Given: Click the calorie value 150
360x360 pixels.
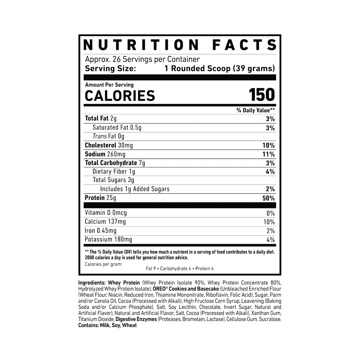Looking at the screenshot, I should click(x=262, y=95).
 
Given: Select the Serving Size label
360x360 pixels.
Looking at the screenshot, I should click(x=110, y=69).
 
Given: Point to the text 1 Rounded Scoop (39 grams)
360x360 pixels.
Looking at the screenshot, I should click(x=220, y=69).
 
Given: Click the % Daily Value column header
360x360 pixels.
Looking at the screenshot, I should click(x=255, y=110).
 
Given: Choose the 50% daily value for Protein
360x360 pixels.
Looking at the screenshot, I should click(x=269, y=198).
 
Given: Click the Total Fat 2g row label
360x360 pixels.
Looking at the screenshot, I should click(x=101, y=118).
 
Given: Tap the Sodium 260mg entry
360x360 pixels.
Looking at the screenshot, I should click(x=105, y=154).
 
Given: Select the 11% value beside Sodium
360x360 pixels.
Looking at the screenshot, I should click(x=269, y=154).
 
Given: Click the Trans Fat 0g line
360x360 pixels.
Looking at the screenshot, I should click(x=108, y=136).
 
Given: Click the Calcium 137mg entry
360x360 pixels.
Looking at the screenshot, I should click(x=105, y=222).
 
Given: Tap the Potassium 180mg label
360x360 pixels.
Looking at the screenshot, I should click(x=108, y=239).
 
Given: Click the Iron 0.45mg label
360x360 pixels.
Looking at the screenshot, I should click(x=101, y=231).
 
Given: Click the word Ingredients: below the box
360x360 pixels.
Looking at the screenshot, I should click(x=92, y=283).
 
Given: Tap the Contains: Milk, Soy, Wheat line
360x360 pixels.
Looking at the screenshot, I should click(x=107, y=325).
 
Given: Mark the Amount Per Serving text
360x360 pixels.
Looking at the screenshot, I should click(x=109, y=85).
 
